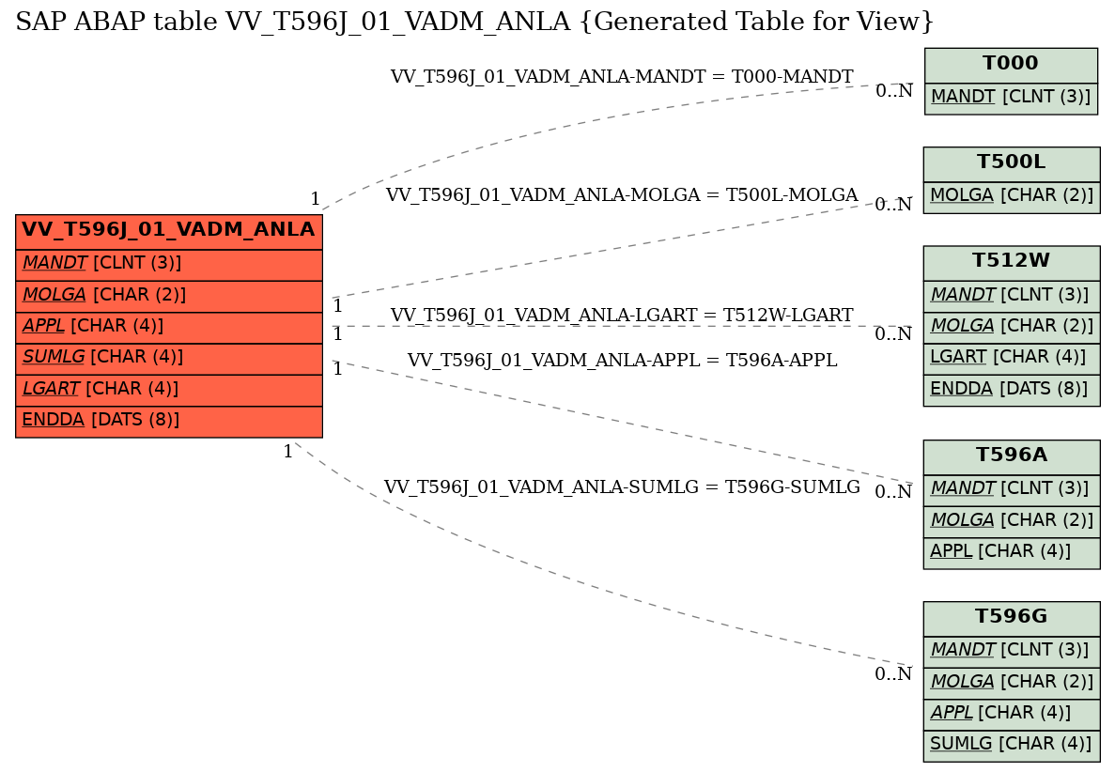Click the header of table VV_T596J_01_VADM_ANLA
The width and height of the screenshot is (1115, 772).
coord(168,230)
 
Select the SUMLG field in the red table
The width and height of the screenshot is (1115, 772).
coord(168,358)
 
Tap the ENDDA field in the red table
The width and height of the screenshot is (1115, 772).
coord(168,420)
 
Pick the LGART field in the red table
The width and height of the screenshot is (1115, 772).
coord(168,389)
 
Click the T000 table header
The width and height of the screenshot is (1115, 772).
coord(1010,64)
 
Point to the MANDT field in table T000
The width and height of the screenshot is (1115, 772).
coord(1010,96)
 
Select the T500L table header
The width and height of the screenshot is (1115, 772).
coord(1010,162)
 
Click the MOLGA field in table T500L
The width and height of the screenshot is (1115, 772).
coord(1010,195)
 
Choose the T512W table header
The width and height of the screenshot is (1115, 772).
coord(1010,261)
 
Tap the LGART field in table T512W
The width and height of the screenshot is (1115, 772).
coord(1010,357)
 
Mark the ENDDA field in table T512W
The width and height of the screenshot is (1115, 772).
coord(1010,389)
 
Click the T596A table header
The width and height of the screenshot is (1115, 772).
coord(1010,455)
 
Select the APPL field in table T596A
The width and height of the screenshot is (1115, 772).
coord(1010,551)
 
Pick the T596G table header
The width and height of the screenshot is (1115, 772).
coord(1010,617)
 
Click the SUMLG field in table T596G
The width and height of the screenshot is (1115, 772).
coord(1010,745)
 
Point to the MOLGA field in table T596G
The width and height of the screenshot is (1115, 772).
coord(1010,681)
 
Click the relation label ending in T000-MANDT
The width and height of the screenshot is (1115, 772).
coord(621,77)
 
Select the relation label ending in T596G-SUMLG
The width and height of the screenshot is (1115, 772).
coord(621,487)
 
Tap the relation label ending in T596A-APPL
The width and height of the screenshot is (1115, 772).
coord(621,361)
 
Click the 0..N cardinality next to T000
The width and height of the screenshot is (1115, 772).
coord(893,91)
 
